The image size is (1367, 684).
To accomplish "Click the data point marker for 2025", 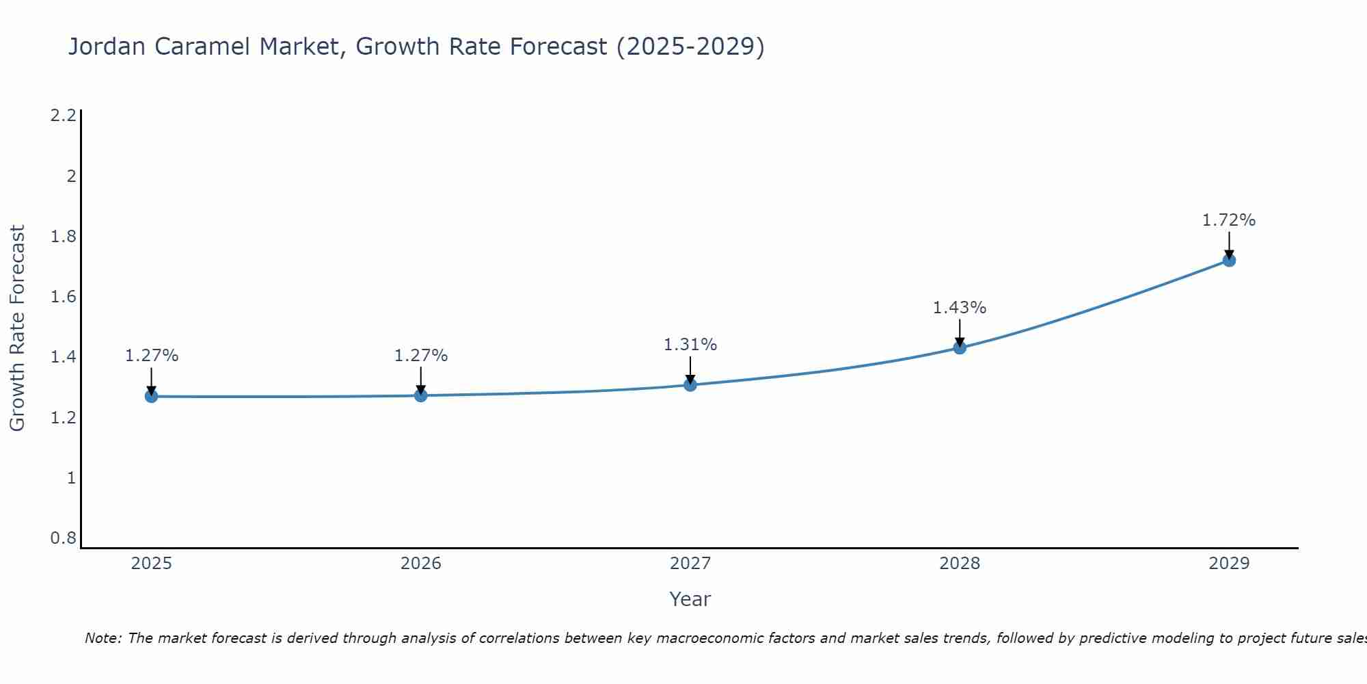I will (151, 396).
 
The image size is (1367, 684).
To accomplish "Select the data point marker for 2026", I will (420, 395).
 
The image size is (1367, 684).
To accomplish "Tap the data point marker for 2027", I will (690, 384).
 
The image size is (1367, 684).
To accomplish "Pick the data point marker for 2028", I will (960, 347).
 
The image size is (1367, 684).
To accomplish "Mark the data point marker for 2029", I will (1229, 260).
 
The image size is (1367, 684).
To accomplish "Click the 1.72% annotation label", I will (1228, 220).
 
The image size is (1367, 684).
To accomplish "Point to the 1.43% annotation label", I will (959, 308).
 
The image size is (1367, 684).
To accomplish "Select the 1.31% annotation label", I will (690, 345).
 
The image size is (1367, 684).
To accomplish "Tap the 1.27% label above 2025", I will (151, 356).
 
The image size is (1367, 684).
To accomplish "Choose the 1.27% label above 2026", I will (420, 356).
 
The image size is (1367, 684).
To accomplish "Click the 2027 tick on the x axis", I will (690, 564).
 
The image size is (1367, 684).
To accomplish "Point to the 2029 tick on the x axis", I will (1228, 564).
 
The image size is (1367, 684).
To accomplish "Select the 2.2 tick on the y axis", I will (63, 116).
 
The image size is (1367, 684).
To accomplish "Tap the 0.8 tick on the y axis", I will (63, 538).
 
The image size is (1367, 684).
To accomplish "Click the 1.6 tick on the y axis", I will (63, 297).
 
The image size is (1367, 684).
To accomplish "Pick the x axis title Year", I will (690, 599).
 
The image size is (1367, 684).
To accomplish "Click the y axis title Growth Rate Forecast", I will (17, 328).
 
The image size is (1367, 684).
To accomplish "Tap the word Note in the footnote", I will (103, 638).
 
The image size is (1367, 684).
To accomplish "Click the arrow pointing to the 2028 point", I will (960, 333).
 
